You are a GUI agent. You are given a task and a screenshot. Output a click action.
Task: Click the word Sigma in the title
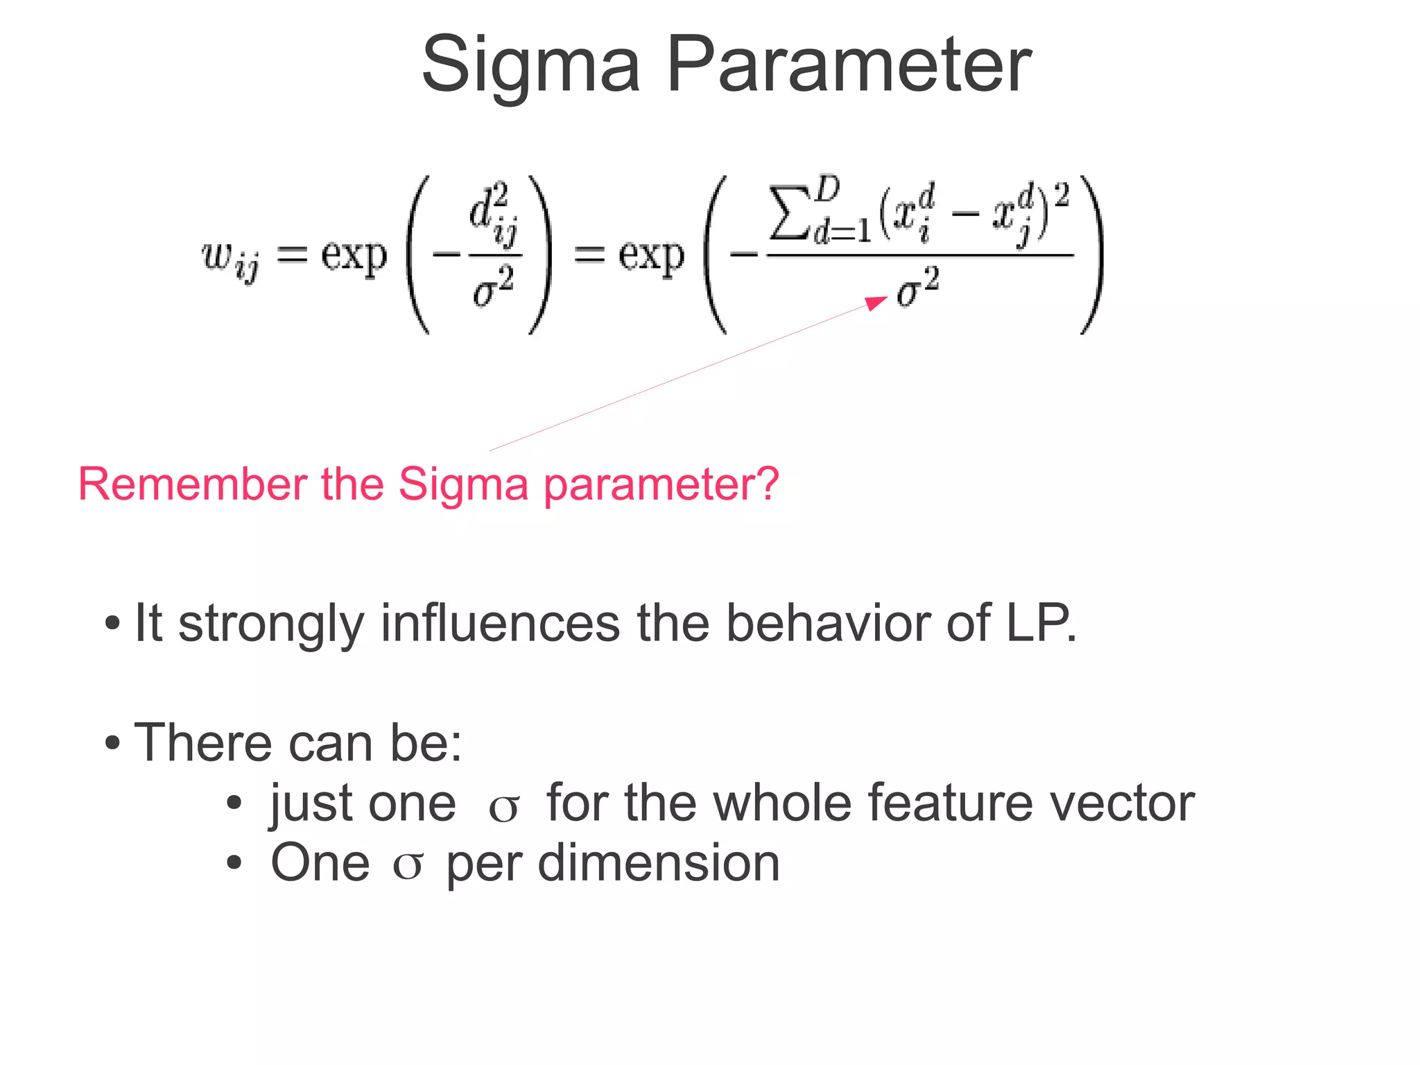pos(530,66)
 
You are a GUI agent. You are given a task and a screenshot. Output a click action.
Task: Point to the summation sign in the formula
pos(789,212)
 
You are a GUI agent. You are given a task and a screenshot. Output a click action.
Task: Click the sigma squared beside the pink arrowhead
pos(917,288)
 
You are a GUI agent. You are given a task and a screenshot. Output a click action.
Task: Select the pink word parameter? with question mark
pos(661,485)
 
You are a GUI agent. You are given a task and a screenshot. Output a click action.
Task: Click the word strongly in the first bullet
pos(270,624)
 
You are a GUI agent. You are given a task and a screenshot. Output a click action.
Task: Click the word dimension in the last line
pos(659,864)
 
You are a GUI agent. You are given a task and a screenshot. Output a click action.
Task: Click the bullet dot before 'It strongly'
pos(112,624)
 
